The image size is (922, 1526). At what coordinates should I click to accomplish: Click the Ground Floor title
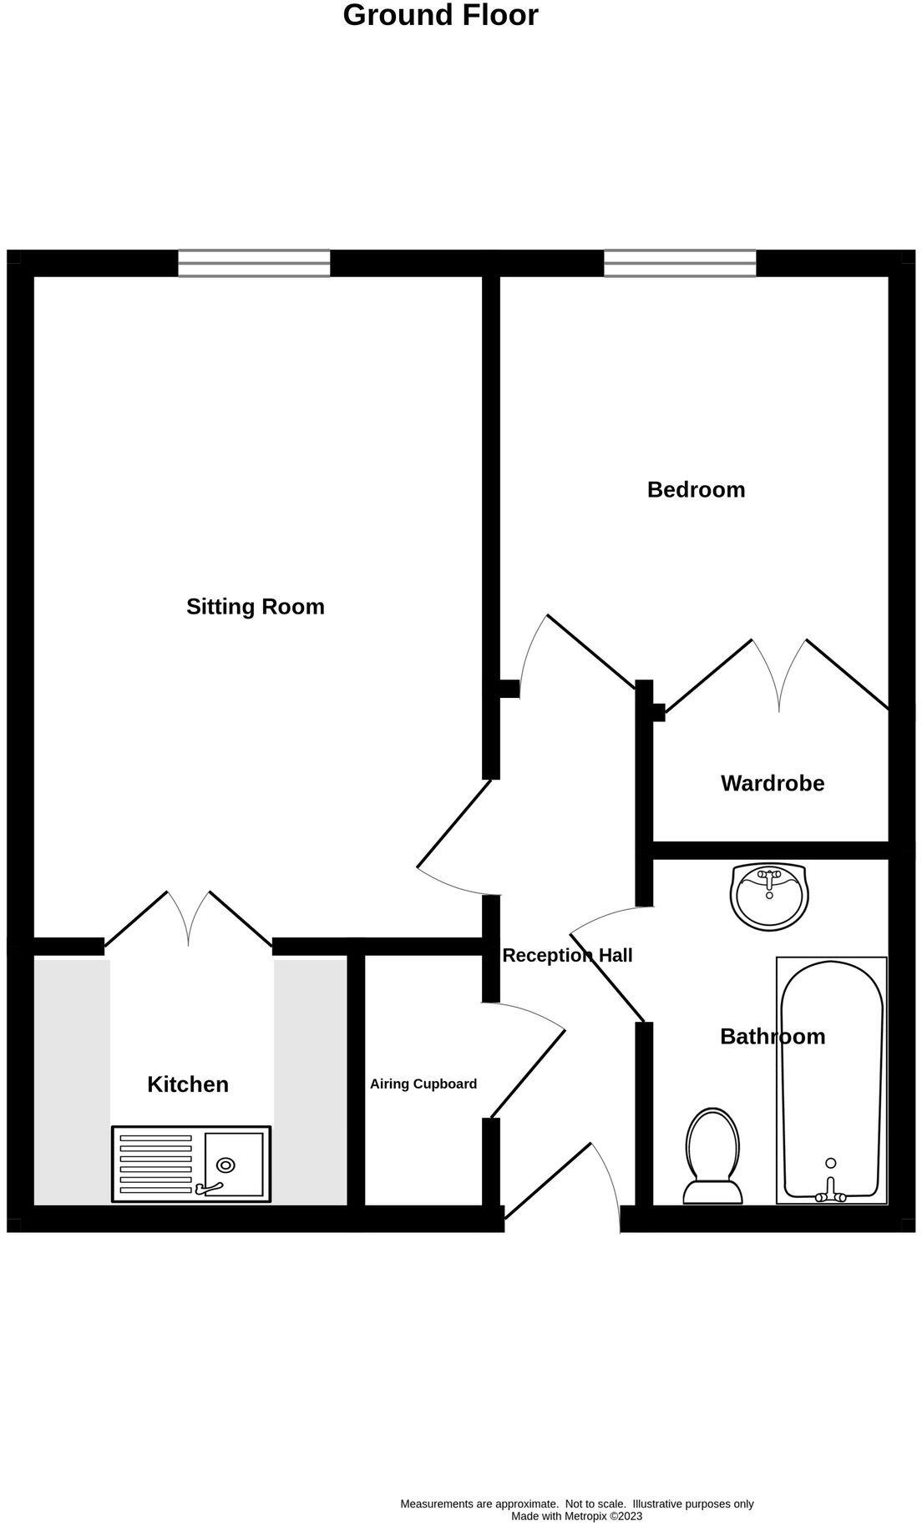[440, 15]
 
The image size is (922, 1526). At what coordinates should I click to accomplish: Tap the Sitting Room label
[255, 606]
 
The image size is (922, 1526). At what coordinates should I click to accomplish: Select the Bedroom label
[696, 489]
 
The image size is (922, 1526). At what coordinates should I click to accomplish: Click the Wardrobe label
[773, 783]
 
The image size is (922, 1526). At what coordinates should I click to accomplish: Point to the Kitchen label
[188, 1084]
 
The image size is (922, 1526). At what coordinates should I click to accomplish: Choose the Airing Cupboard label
[423, 1084]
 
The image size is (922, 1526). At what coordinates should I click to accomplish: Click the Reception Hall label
[567, 955]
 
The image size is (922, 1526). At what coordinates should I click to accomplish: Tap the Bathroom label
[773, 1036]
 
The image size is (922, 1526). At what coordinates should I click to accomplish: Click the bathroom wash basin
[769, 897]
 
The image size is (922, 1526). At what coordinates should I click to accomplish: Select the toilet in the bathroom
[713, 1157]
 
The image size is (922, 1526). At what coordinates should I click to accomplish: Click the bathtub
[831, 1077]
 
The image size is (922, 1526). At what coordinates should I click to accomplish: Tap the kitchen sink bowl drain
[225, 1165]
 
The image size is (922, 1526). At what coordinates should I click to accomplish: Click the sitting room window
[254, 263]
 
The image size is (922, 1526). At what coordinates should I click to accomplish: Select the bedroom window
[680, 263]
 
